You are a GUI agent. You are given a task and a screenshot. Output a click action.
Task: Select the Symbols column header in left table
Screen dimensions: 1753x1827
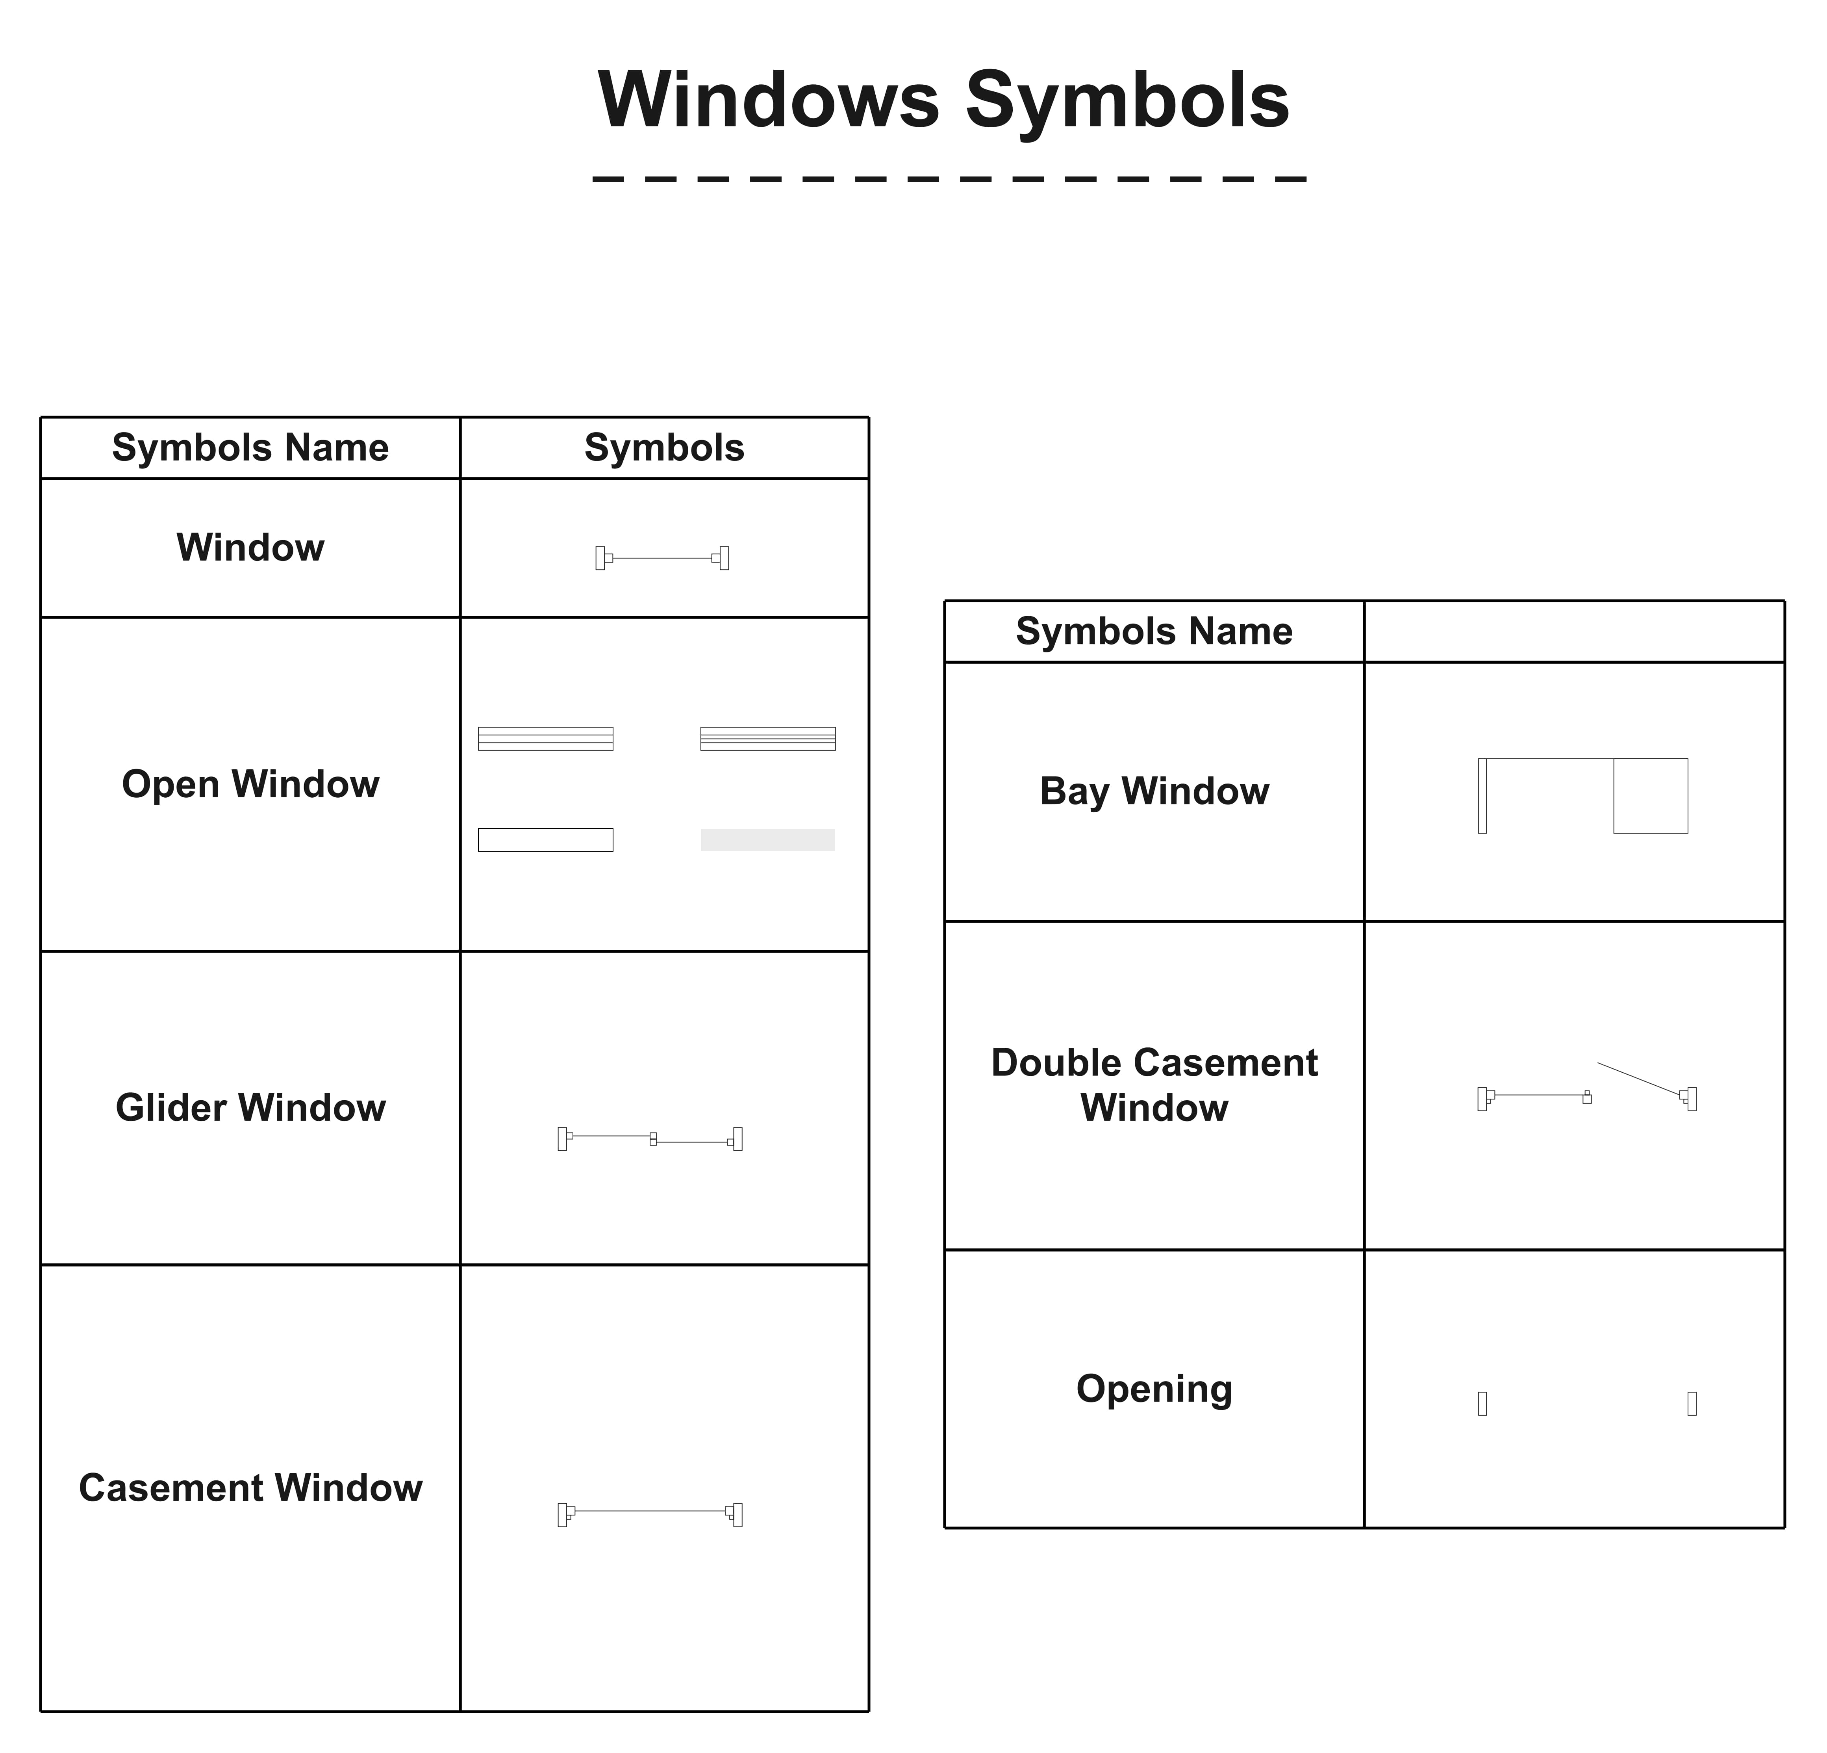pyautogui.click(x=664, y=448)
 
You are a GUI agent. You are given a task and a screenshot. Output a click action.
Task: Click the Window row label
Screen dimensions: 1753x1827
pyautogui.click(x=250, y=547)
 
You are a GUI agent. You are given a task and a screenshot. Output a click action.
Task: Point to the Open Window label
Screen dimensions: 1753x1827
pyautogui.click(x=250, y=783)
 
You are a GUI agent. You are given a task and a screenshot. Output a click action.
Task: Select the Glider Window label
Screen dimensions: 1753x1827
pyautogui.click(x=250, y=1107)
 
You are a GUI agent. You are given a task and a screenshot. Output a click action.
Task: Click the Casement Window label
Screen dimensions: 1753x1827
pyautogui.click(x=250, y=1487)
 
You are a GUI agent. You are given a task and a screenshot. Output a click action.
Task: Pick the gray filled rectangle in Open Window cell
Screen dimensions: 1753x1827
pyautogui.click(x=767, y=839)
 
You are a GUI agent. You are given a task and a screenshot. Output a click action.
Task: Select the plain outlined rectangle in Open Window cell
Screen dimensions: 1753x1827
pyautogui.click(x=545, y=839)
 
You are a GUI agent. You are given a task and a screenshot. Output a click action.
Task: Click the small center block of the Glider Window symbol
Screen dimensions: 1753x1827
pyautogui.click(x=652, y=1138)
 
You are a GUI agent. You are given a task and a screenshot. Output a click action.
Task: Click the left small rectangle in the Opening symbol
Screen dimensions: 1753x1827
pyautogui.click(x=1482, y=1403)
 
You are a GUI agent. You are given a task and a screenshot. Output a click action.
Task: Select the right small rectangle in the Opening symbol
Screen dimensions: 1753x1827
pyautogui.click(x=1692, y=1403)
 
